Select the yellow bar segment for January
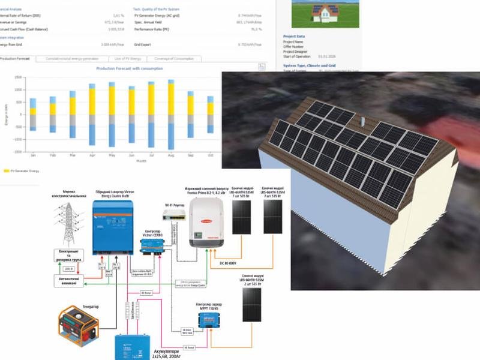click(x=33, y=111)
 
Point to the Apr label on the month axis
click(x=92, y=155)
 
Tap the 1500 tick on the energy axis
click(x=19, y=77)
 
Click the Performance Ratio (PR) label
click(x=154, y=28)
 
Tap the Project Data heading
click(x=295, y=37)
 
